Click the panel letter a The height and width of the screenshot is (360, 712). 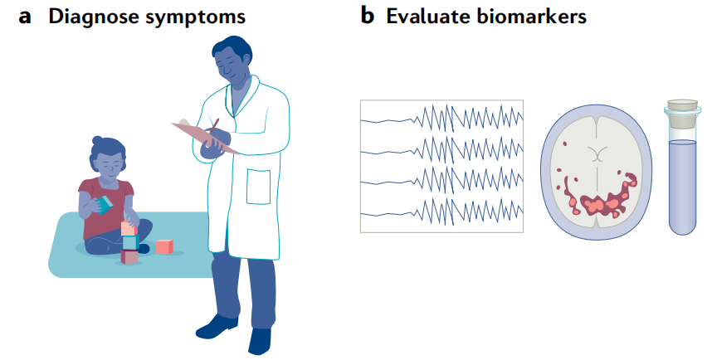[25, 17]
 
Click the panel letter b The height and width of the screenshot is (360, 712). [368, 16]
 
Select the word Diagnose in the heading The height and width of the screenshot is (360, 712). [93, 17]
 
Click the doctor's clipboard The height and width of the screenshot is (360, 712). [204, 136]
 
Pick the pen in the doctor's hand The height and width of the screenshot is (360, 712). [213, 127]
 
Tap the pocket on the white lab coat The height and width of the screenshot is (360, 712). [258, 187]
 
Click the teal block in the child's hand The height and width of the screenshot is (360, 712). [105, 205]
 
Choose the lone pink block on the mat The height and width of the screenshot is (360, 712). [164, 246]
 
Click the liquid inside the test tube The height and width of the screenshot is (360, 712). [682, 186]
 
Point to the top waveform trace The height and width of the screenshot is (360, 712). [441, 118]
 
